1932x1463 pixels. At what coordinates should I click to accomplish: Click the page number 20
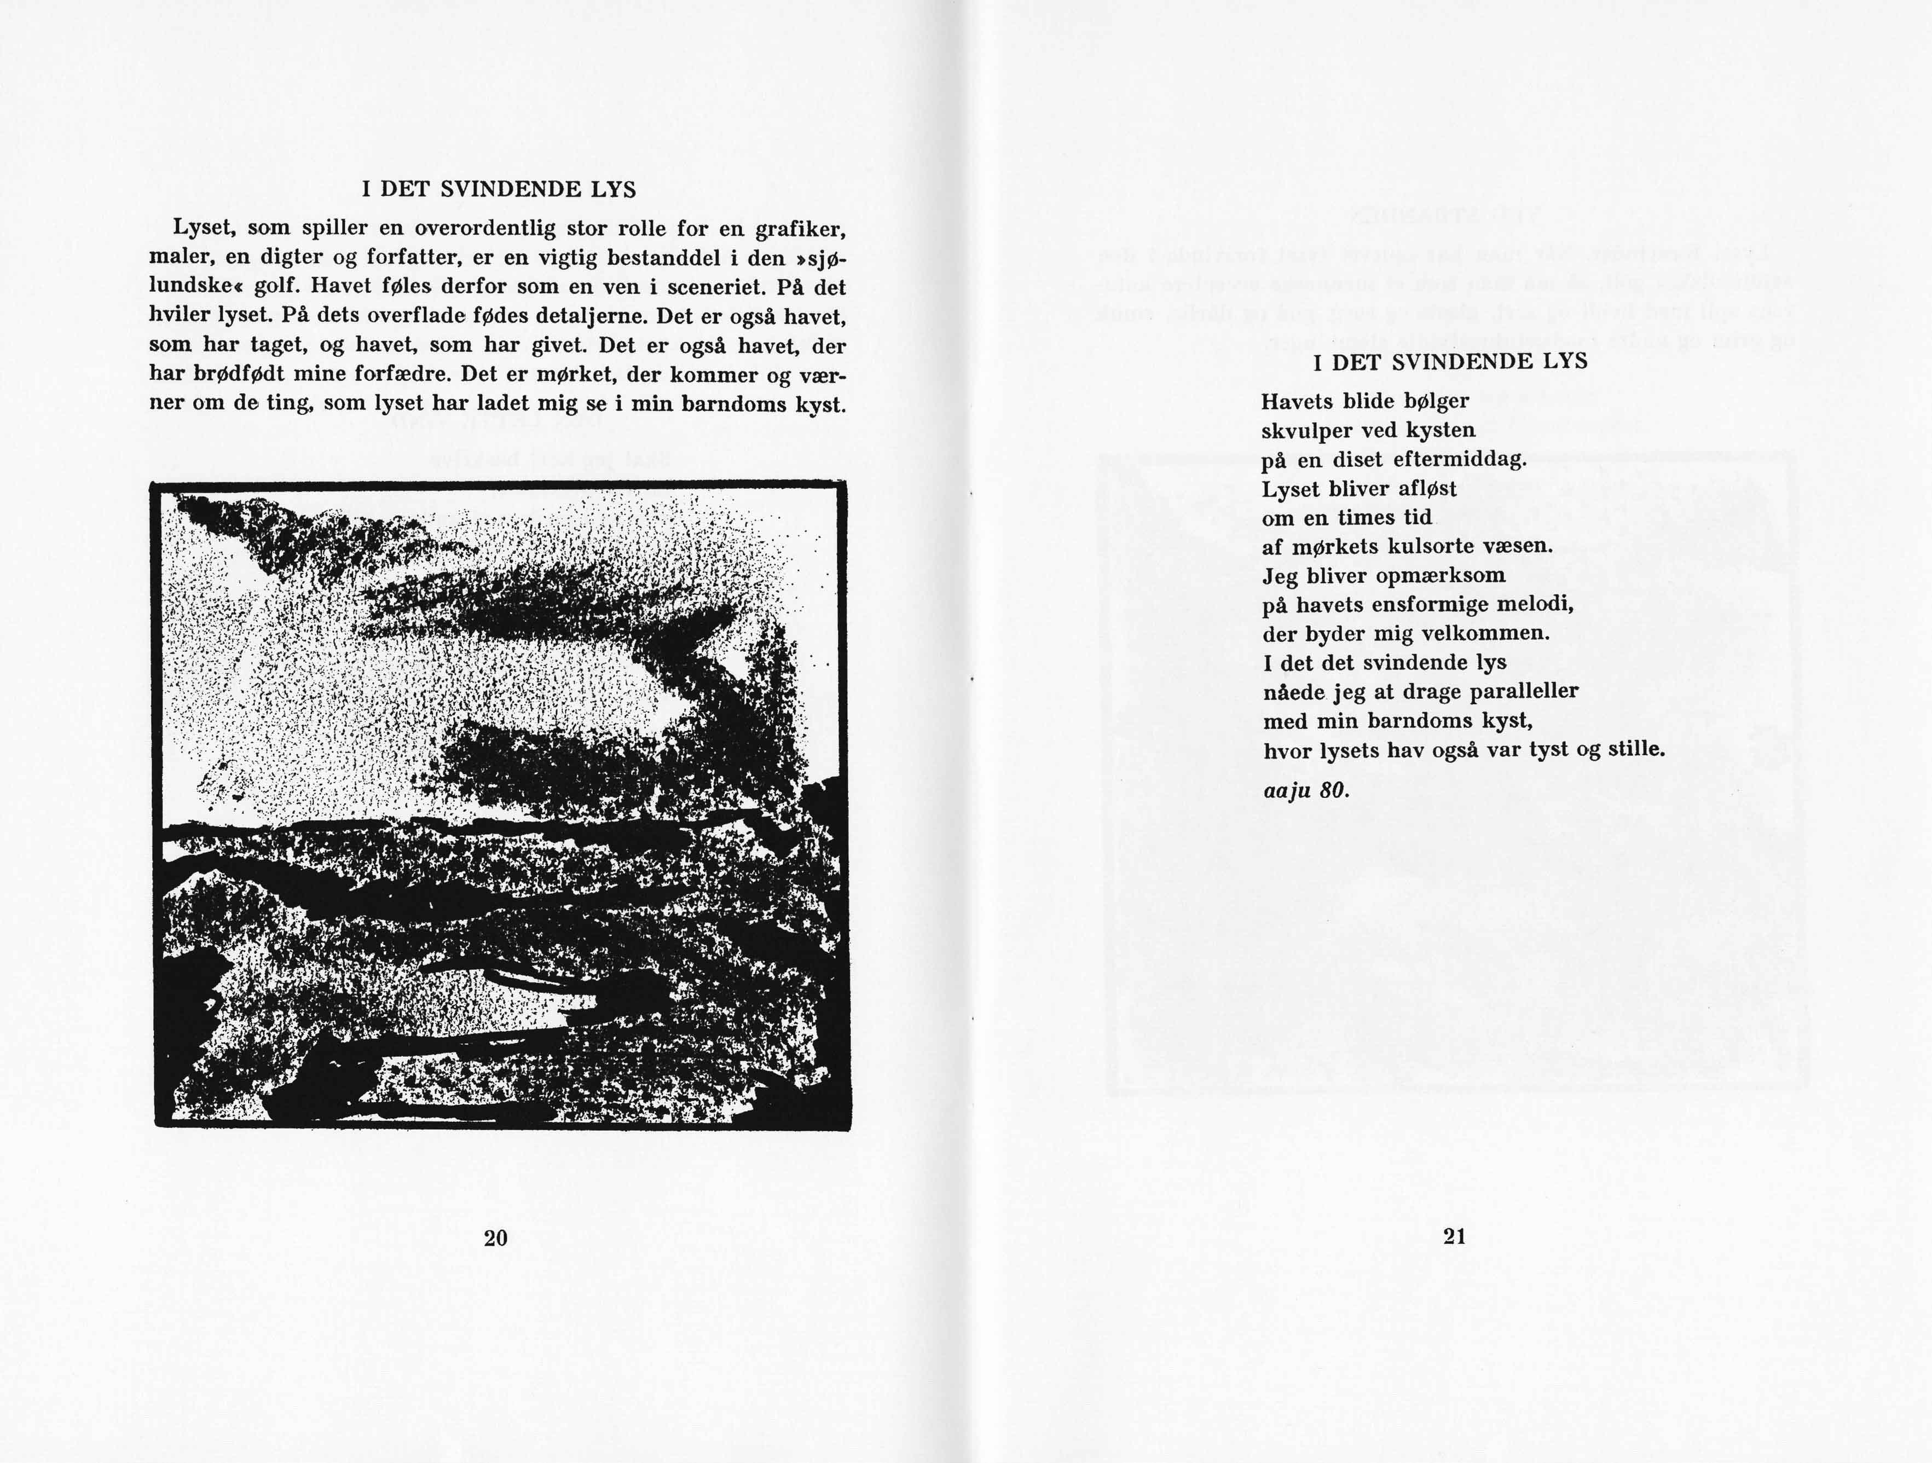pyautogui.click(x=495, y=1238)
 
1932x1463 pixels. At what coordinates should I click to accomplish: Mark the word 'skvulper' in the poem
pyautogui.click(x=1303, y=431)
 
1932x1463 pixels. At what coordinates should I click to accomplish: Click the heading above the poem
pyautogui.click(x=1450, y=362)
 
